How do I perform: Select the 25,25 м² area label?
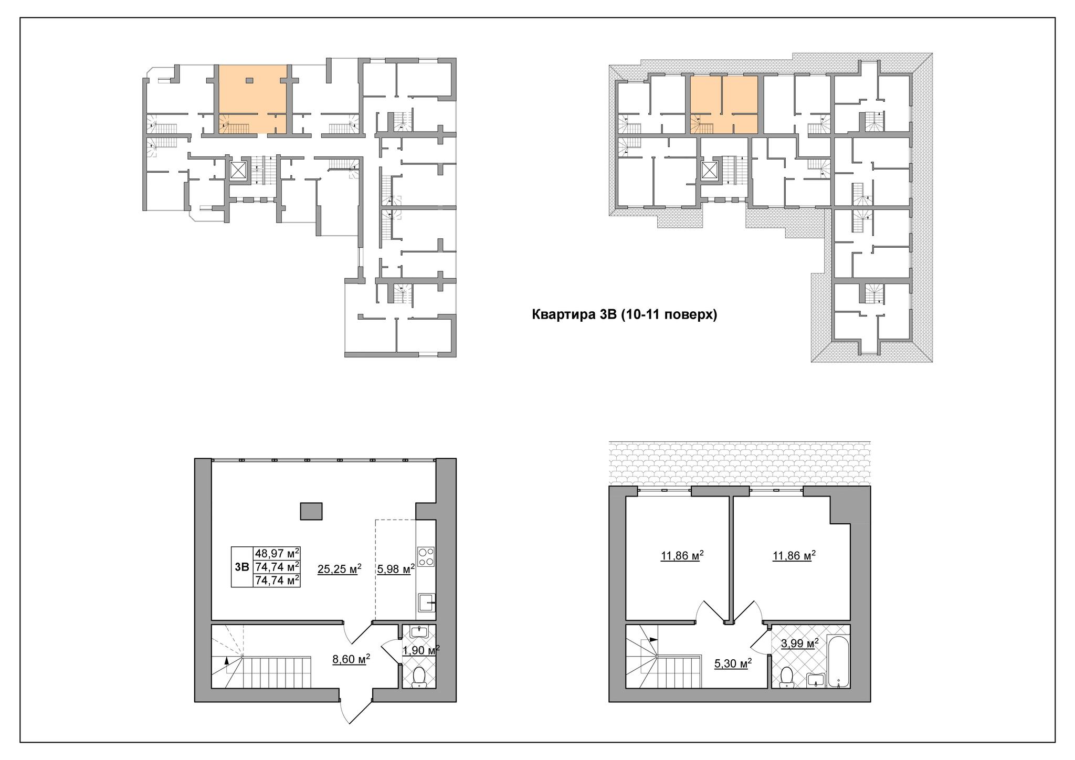point(339,569)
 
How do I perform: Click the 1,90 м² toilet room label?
point(420,650)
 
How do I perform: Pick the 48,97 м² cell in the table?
point(277,553)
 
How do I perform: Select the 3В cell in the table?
point(242,567)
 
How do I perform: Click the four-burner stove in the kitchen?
point(426,557)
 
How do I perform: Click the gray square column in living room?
point(311,511)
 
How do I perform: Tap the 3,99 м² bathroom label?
point(799,644)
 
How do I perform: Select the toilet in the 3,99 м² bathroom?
point(786,677)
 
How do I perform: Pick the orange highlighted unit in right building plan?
point(723,104)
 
